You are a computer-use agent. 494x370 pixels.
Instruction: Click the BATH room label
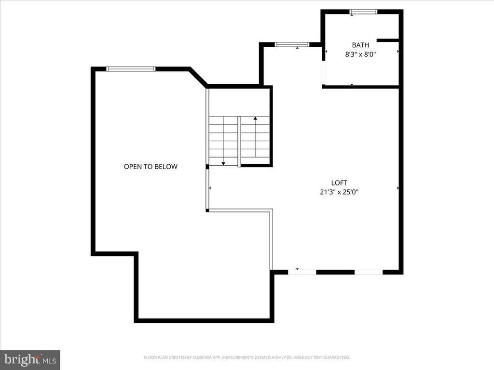[x=360, y=45]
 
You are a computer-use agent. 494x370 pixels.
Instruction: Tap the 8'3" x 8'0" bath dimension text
[x=360, y=55]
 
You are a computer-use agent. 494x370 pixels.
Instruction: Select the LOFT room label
[x=339, y=183]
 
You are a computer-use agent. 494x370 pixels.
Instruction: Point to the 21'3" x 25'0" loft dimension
[x=339, y=192]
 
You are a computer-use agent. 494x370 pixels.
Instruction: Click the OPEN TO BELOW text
[x=151, y=167]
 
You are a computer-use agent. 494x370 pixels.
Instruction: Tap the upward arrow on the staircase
[x=255, y=119]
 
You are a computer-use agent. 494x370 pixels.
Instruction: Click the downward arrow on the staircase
[x=223, y=163]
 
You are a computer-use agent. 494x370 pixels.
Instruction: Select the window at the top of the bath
[x=363, y=12]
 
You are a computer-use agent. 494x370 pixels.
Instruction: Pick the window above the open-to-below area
[x=131, y=69]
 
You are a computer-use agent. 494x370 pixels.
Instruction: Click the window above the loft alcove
[x=292, y=45]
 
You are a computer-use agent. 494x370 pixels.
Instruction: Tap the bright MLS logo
[x=30, y=359]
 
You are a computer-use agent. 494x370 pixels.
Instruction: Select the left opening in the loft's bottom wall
[x=302, y=272]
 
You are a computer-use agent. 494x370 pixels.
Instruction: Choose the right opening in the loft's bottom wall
[x=369, y=272]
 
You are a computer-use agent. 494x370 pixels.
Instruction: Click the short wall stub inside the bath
[x=388, y=40]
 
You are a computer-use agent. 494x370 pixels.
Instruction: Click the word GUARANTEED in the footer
[x=338, y=357]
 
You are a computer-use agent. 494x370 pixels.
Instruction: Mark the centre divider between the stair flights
[x=239, y=141]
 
